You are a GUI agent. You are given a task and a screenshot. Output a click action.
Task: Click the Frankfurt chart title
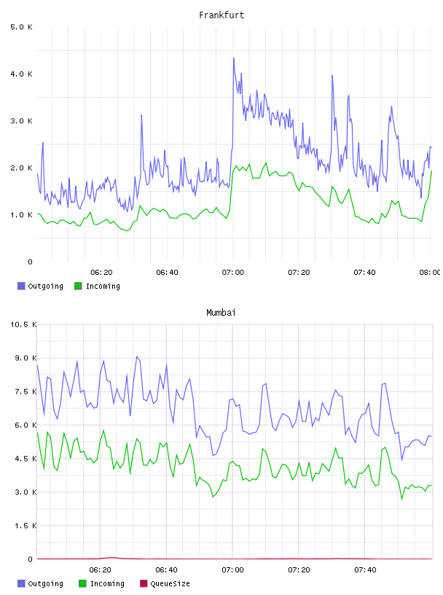(x=221, y=15)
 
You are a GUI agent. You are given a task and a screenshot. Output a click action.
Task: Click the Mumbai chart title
(x=221, y=313)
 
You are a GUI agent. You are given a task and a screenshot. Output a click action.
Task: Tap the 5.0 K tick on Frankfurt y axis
(x=22, y=27)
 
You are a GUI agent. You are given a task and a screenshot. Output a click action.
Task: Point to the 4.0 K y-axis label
(x=22, y=74)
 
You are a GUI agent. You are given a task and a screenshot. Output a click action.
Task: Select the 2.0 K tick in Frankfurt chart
(x=22, y=168)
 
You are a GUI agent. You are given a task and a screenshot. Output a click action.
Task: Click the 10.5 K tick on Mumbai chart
(x=23, y=324)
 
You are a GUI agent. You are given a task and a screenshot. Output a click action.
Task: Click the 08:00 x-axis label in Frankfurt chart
(x=430, y=272)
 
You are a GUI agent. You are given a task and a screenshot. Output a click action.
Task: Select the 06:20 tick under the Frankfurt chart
(x=101, y=272)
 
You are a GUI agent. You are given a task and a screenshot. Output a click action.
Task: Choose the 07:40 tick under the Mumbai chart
(x=365, y=569)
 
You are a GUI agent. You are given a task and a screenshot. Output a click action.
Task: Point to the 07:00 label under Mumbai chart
(x=232, y=569)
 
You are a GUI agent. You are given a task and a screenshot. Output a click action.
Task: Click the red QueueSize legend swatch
(x=144, y=583)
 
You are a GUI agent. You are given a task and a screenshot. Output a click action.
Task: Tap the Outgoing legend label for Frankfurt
(x=45, y=286)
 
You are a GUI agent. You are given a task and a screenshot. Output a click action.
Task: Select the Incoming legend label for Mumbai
(x=107, y=583)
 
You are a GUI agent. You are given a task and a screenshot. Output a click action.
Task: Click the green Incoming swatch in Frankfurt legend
(x=78, y=286)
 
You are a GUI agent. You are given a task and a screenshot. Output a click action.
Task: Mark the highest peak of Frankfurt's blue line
(x=234, y=58)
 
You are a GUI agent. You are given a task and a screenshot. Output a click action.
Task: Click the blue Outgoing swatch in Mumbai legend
(x=21, y=583)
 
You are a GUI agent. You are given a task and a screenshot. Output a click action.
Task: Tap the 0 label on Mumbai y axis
(x=31, y=559)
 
